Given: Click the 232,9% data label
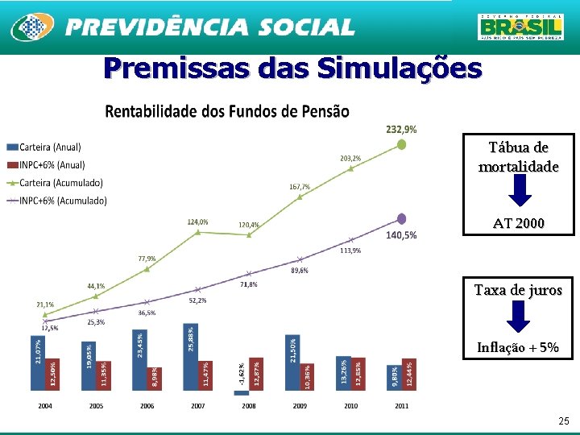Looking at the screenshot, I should [401, 129].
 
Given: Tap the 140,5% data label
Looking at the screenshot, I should [401, 235].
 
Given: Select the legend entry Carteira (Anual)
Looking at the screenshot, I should [44, 147].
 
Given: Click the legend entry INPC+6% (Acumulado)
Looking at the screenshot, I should [56, 201].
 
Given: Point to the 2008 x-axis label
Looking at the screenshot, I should [249, 406].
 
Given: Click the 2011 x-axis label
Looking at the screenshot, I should [401, 406].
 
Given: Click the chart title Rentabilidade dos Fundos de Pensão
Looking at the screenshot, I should [227, 111].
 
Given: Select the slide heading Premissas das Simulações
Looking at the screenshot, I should [292, 68].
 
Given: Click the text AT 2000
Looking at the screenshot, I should [518, 223].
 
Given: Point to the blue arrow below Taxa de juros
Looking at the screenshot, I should [519, 317].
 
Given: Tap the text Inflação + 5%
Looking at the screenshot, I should [518, 348].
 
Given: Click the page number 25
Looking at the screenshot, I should [563, 420].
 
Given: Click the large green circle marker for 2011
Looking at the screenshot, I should [402, 145].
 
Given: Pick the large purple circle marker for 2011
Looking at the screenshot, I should [402, 218].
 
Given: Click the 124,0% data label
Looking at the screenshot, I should [197, 222].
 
